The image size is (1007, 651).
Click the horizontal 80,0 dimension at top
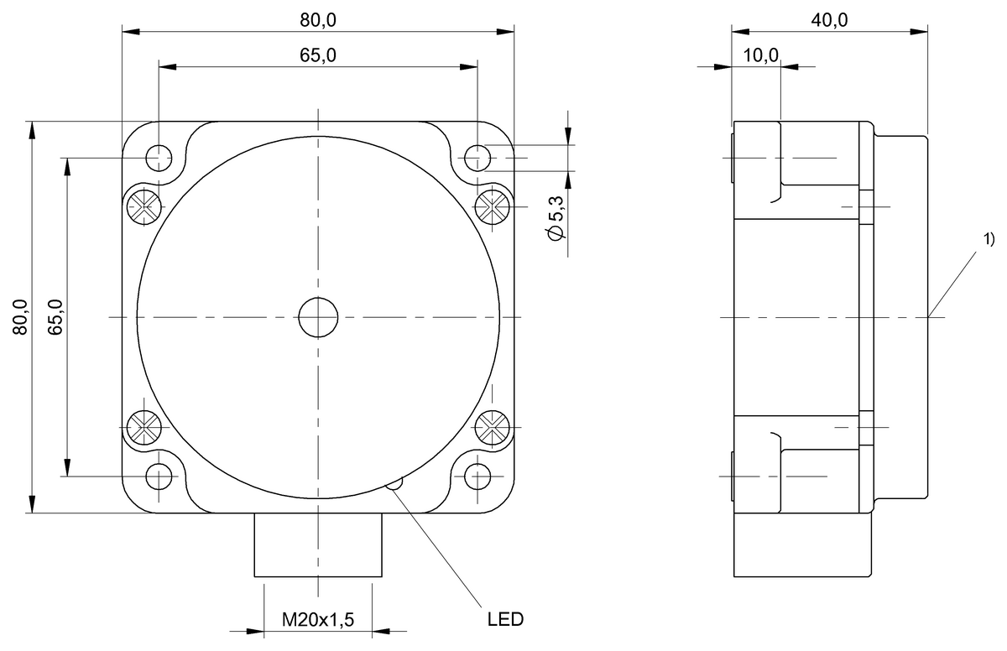pos(318,20)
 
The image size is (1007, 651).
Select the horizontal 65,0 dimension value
pos(318,55)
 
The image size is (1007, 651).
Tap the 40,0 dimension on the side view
pos(829,20)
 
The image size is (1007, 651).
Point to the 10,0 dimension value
pos(760,55)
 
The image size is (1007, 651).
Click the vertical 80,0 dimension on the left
pos(20,317)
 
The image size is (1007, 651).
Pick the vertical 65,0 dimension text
pos(55,317)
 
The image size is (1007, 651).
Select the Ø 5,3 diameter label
pos(556,218)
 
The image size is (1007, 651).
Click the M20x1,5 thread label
pos(318,620)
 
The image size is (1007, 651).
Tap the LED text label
pos(506,620)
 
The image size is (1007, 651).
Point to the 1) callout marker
pos(989,239)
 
